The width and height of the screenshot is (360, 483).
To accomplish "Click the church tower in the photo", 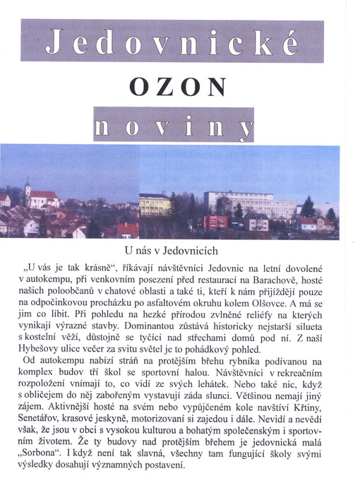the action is coord(28,189).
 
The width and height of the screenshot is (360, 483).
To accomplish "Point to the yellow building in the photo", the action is coord(155,205).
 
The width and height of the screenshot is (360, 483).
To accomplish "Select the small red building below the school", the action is coord(215,222).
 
